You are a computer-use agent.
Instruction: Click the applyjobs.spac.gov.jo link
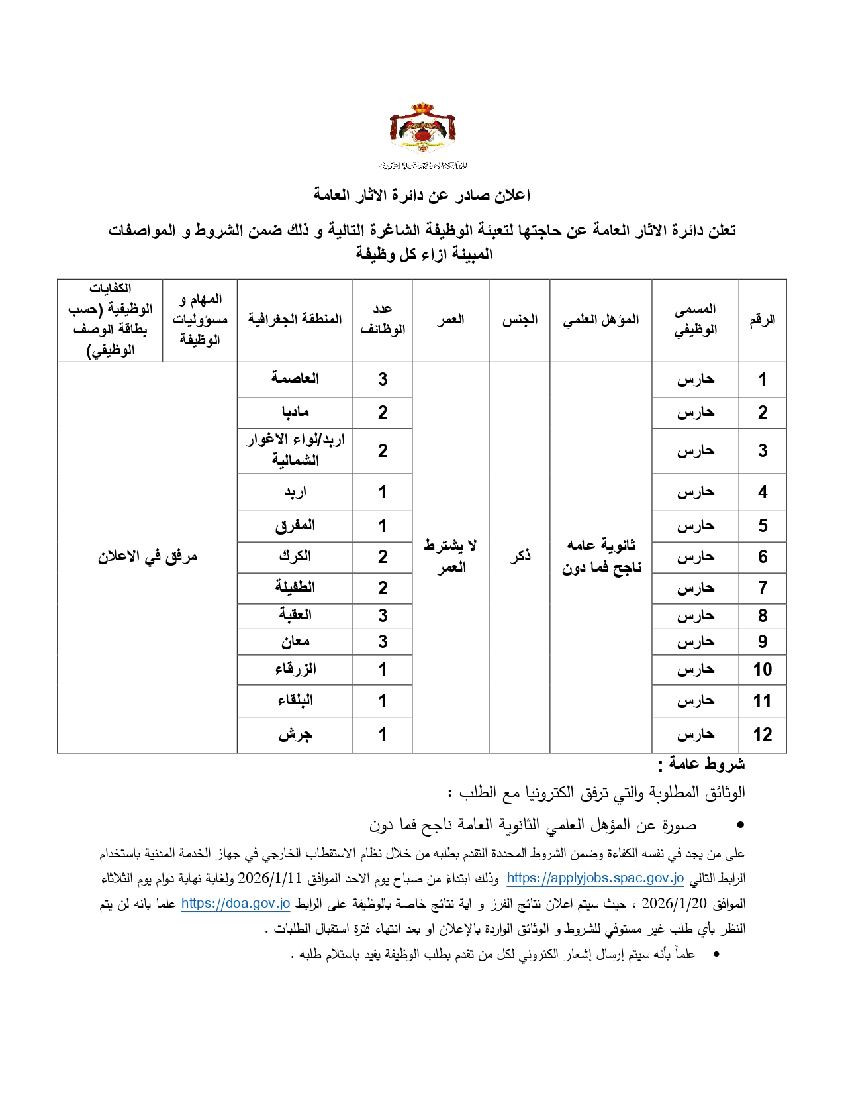tap(595, 878)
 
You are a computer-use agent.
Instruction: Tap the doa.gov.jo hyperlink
tap(236, 904)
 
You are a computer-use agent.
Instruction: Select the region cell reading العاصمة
tap(295, 379)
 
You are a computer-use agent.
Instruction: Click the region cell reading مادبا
tap(295, 413)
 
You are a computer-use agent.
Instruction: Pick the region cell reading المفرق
tap(295, 526)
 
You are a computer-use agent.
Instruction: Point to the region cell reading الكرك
tap(295, 557)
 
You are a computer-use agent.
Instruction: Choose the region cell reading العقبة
tap(295, 615)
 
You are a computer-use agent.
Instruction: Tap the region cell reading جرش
tap(295, 735)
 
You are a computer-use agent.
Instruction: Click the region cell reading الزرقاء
tap(295, 670)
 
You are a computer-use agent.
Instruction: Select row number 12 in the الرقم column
tap(763, 735)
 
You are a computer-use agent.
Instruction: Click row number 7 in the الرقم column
tap(763, 588)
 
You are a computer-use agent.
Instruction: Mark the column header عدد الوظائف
tap(383, 319)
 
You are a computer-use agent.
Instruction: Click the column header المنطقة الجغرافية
tap(295, 319)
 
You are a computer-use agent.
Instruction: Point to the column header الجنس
tap(520, 320)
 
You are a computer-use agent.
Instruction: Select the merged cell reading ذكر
tap(520, 556)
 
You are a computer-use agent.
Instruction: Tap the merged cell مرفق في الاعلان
tap(148, 557)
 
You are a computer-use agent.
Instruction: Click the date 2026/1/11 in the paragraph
tap(269, 878)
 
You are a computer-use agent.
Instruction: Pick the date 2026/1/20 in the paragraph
tap(674, 904)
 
